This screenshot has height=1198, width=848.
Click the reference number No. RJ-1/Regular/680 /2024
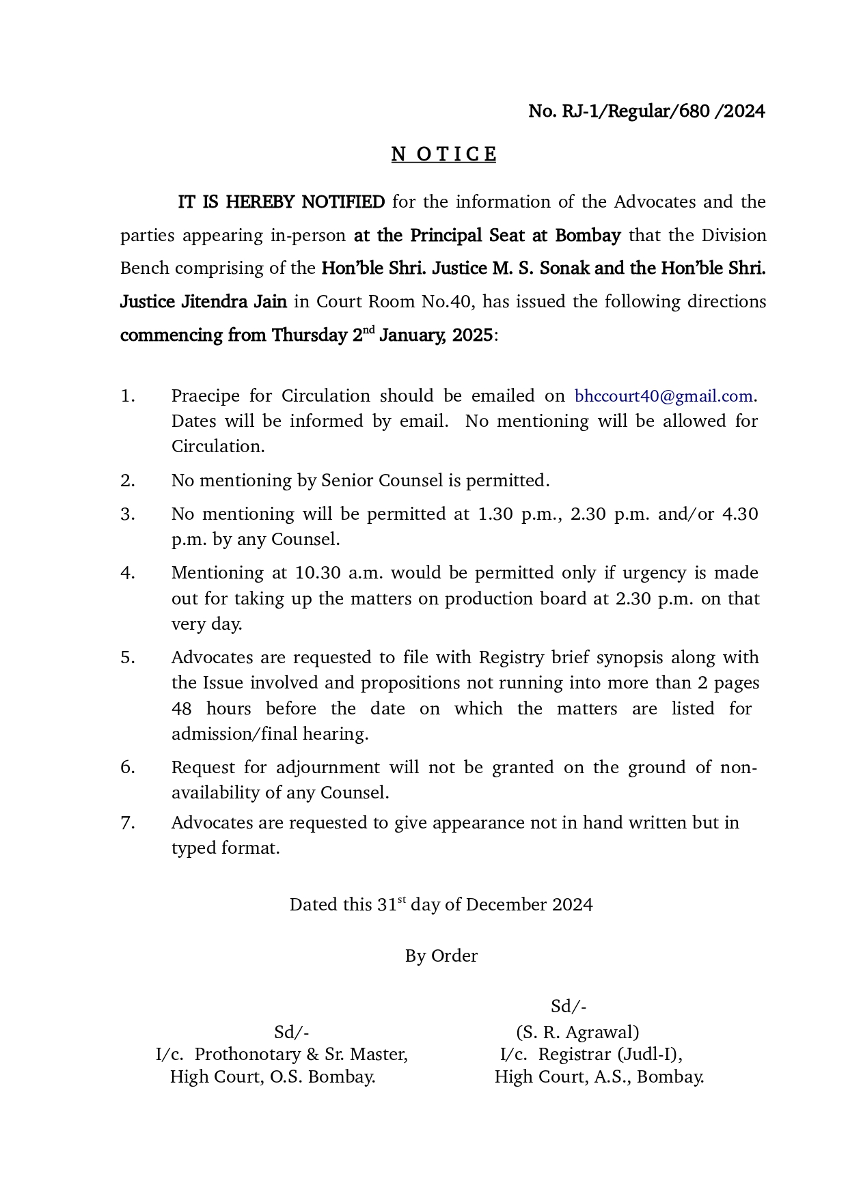646,111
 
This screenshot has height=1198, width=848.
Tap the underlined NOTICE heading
443,155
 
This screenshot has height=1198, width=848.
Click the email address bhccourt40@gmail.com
663,396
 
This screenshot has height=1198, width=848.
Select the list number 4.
127,573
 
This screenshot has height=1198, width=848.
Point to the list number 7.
127,823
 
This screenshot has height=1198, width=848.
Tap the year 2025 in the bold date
472,335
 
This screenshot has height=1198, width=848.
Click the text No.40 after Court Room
438,302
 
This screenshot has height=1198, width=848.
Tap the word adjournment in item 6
328,768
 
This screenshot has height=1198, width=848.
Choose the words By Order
441,956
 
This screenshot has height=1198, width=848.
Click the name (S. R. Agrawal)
577,1032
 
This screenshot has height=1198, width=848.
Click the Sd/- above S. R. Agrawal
569,1007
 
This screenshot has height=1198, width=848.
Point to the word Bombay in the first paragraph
587,236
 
